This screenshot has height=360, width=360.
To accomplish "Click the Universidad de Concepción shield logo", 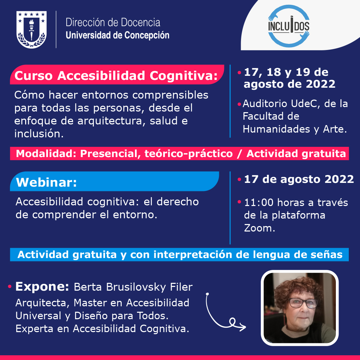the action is pyautogui.click(x=32, y=30).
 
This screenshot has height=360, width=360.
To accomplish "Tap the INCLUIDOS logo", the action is pyautogui.click(x=289, y=26).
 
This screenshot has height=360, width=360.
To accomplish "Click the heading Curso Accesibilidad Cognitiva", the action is pyautogui.click(x=116, y=75).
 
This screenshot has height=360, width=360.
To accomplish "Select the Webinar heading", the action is pyautogui.click(x=46, y=182).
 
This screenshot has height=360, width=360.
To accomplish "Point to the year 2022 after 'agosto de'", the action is pyautogui.click(x=321, y=84).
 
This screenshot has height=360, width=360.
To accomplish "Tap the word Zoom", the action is pyautogui.click(x=259, y=228).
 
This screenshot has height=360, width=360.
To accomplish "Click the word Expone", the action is pyautogui.click(x=42, y=287).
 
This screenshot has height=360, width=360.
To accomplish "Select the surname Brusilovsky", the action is pyautogui.click(x=136, y=287).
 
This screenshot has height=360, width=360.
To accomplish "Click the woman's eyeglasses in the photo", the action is pyautogui.click(x=303, y=303).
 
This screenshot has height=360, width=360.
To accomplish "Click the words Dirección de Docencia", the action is pyautogui.click(x=113, y=22).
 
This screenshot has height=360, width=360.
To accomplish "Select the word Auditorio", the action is pyautogui.click(x=265, y=104).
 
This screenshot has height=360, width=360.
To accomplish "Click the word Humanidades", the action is pyautogui.click(x=276, y=129).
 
